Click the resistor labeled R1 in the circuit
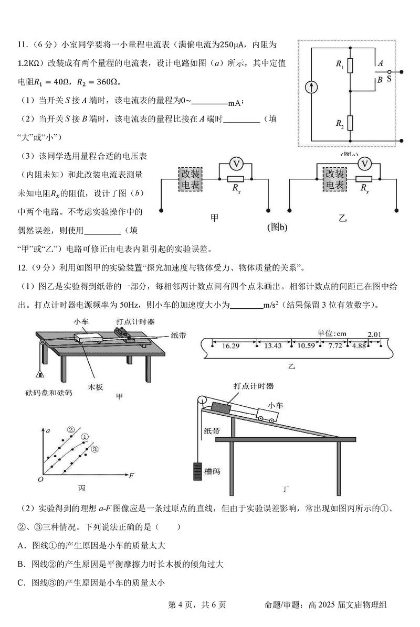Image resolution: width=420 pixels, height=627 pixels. click(351, 66)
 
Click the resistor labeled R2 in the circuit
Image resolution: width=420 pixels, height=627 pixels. click(351, 123)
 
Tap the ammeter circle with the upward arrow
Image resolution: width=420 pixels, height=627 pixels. click(312, 87)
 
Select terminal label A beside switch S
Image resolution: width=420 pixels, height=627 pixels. click(380, 62)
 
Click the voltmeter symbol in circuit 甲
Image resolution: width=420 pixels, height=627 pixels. click(237, 164)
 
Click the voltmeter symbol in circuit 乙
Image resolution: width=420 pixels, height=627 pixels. click(364, 164)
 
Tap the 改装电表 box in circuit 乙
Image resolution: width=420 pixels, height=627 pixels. click(334, 179)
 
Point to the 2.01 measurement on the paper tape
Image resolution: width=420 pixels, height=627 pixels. click(374, 334)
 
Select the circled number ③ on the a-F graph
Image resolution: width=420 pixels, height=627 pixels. click(94, 449)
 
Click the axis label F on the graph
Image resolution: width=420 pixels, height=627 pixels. click(132, 475)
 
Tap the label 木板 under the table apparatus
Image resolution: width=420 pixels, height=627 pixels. click(96, 386)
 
